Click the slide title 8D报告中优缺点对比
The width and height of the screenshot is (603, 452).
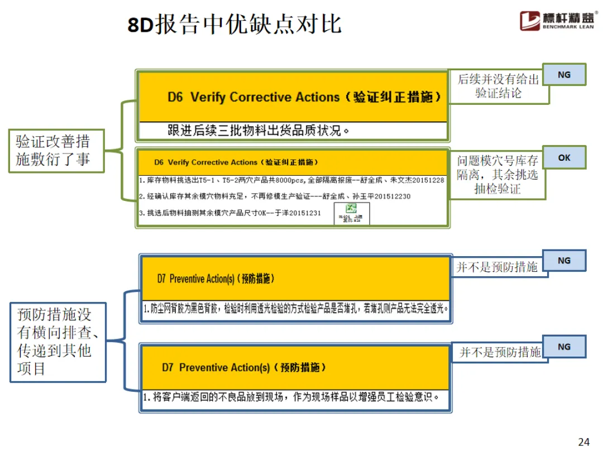coord(234,25)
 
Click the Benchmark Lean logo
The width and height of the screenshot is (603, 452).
coord(555,21)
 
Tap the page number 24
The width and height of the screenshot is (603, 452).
coord(584,442)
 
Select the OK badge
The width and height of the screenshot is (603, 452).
coord(564,158)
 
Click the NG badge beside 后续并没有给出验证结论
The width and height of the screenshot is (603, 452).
coord(564,74)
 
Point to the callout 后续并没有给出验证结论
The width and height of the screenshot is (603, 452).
coord(499,86)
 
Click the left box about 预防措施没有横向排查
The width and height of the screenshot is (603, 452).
coord(58,341)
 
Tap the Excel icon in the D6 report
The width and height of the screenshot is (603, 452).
coord(352,213)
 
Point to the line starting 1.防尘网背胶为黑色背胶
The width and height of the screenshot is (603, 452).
coord(296,308)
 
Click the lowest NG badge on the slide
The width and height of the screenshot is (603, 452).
coord(564,347)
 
